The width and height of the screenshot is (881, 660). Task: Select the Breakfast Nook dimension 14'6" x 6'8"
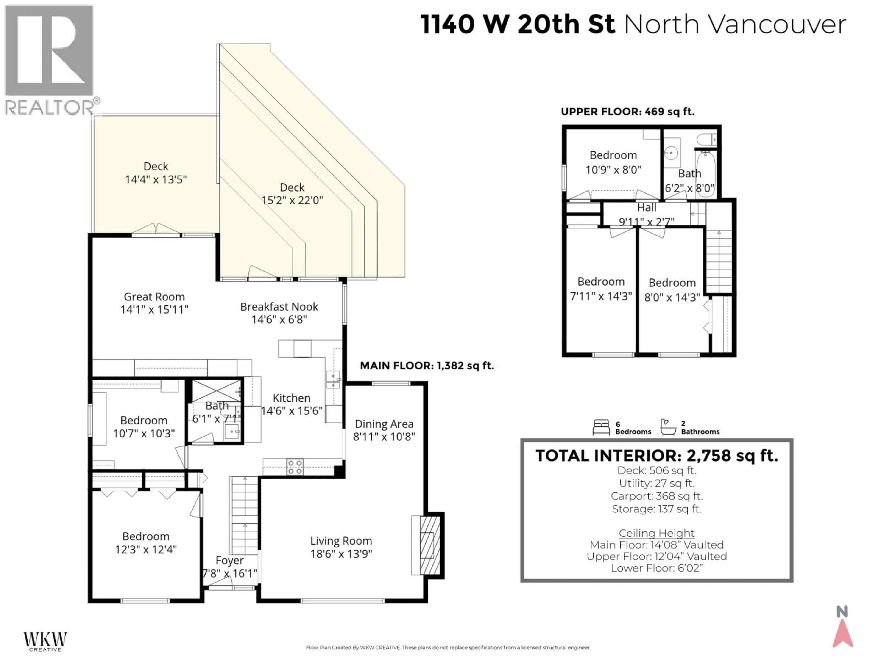(279, 319)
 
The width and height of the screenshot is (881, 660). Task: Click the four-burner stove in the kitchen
(295, 467)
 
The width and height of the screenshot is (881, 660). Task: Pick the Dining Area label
(384, 424)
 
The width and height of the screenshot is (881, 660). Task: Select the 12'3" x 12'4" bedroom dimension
(146, 549)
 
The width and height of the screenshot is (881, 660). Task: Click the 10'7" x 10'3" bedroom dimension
(144, 433)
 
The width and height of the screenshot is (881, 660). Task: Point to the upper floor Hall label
(647, 208)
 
